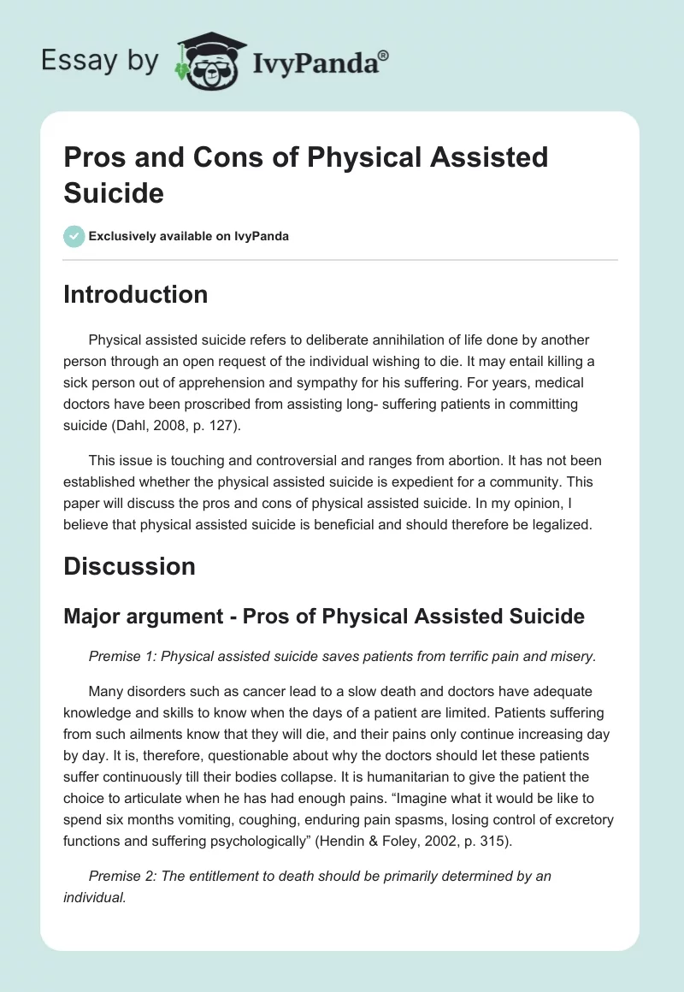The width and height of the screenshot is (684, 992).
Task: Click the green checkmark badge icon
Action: point(74,236)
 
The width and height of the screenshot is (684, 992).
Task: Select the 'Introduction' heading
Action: point(136,294)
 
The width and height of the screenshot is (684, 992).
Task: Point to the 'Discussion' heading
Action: point(129,566)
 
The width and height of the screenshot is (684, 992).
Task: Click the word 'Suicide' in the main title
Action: point(114,192)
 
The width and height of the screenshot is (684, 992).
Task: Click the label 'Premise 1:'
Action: point(122,656)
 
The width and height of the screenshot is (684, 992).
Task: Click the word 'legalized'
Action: point(559,524)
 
